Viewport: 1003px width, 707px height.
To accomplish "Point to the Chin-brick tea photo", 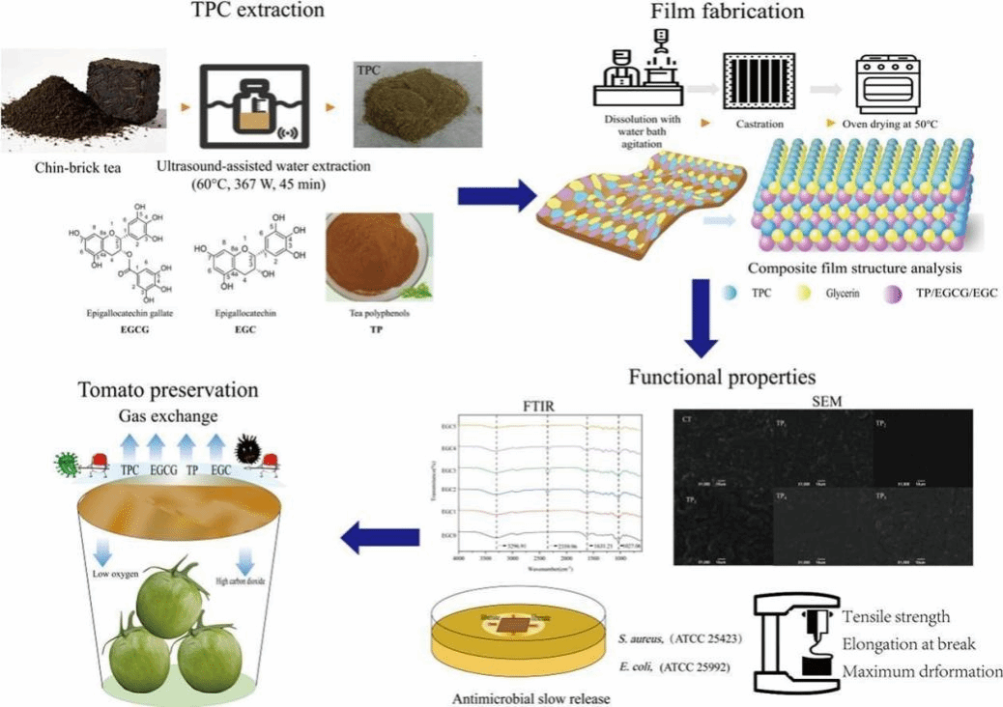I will click(x=72, y=106).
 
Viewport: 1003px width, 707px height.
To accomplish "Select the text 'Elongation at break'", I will click(x=908, y=644).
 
